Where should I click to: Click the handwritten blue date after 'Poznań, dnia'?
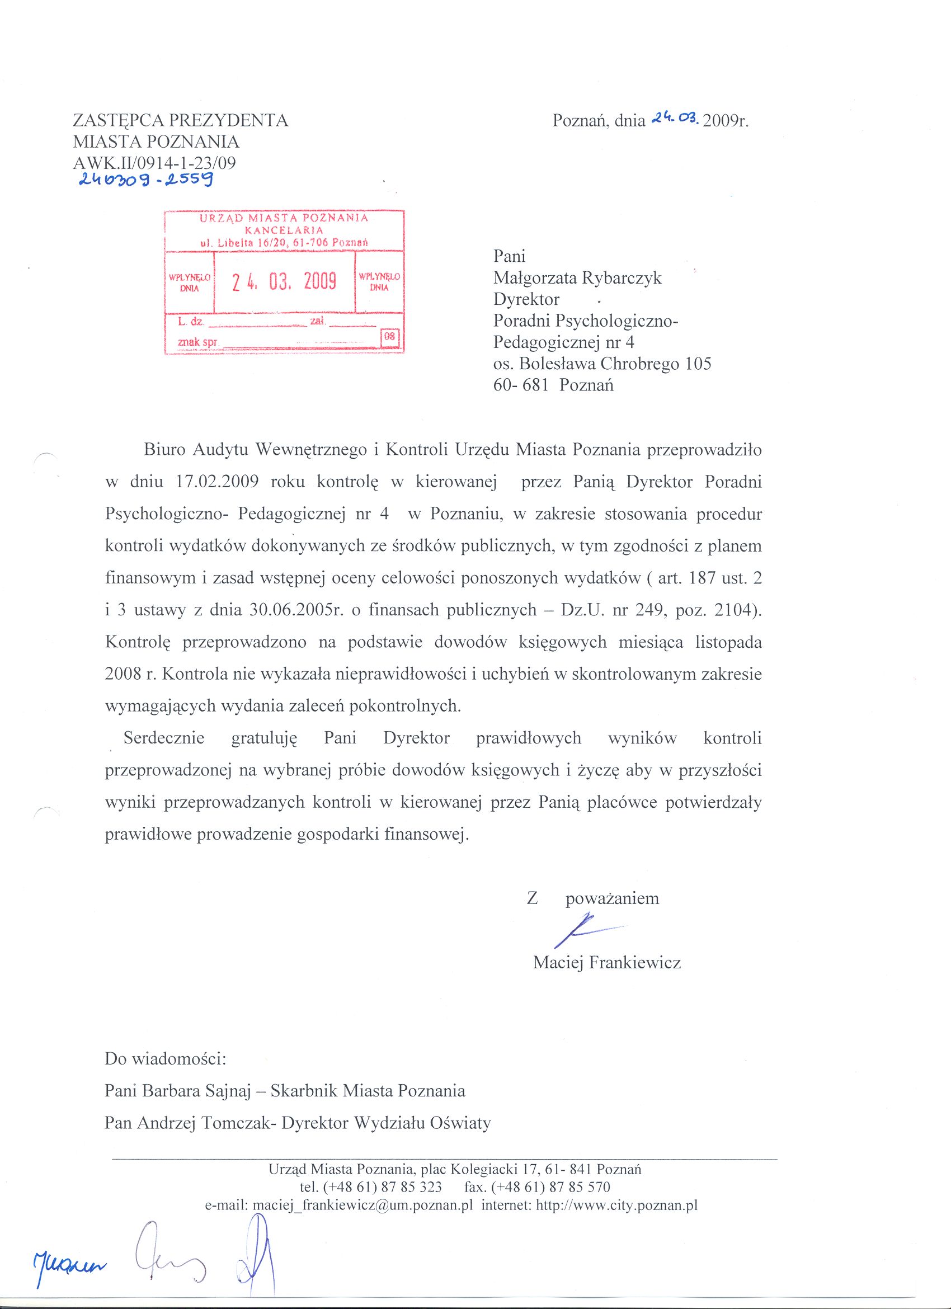click(675, 119)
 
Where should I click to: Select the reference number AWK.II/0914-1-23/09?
click(154, 163)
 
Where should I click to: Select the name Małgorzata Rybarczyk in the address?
click(577, 278)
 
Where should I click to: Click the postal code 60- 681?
click(520, 385)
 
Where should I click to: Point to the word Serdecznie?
click(164, 738)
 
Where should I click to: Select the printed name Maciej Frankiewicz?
click(607, 962)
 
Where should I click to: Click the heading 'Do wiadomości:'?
click(166, 1059)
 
